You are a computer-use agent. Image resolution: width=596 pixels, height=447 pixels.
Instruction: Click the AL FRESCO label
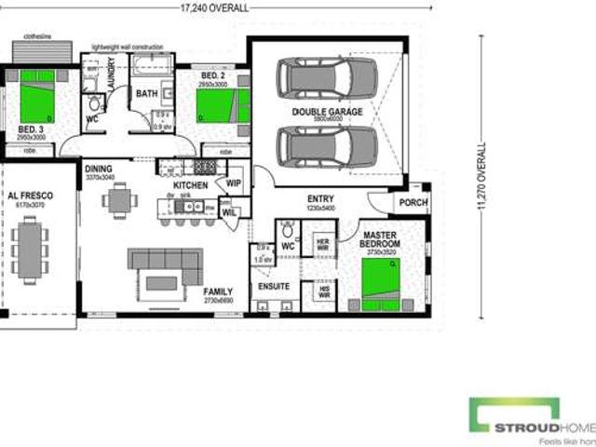point(30,196)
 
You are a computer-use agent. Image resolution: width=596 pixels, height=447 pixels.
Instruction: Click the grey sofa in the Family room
point(165,266)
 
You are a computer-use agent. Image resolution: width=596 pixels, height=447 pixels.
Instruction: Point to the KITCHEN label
point(191,185)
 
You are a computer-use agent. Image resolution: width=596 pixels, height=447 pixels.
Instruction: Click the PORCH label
point(413,201)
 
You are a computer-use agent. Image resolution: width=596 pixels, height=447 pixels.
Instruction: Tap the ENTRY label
point(320,199)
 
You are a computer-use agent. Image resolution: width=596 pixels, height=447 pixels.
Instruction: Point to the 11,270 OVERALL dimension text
point(482,176)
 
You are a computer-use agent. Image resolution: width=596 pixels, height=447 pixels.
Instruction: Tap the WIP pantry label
point(234,183)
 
